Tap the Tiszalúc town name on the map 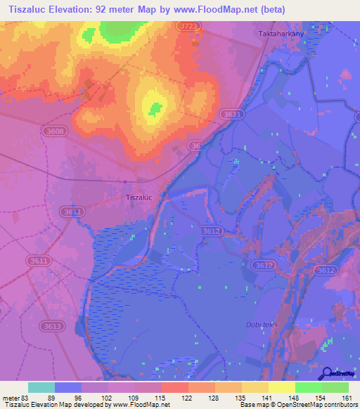click(x=139, y=197)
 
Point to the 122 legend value click(x=188, y=397)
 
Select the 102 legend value click(x=108, y=397)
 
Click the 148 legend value click(x=295, y=397)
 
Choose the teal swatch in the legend click(x=41, y=387)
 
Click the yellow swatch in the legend click(x=281, y=387)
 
